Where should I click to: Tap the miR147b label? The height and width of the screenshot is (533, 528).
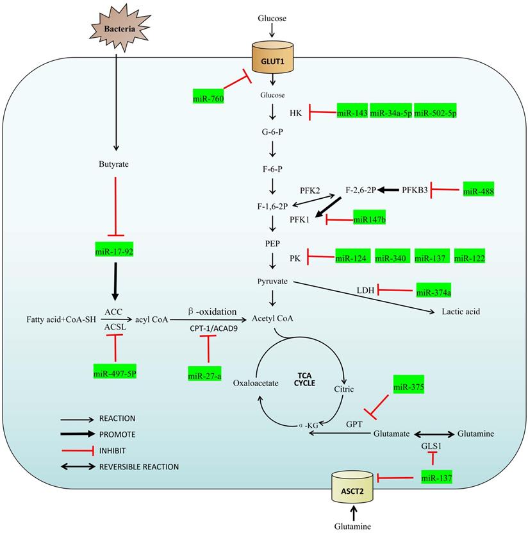coord(370,219)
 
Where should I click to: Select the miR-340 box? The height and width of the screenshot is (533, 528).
coord(391,258)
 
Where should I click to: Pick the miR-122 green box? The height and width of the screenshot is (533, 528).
coord(469,258)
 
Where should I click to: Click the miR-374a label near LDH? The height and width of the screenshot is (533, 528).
coord(434,292)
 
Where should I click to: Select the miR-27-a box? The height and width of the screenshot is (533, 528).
coord(205,375)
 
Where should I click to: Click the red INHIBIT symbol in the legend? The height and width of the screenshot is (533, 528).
coord(78,450)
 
